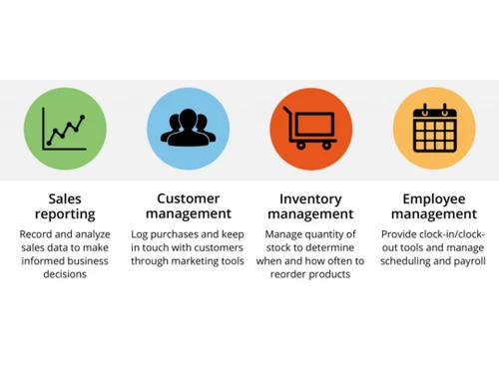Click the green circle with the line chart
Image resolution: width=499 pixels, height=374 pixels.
65,130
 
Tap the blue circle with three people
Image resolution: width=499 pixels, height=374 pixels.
188,130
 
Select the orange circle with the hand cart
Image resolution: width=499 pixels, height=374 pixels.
310,130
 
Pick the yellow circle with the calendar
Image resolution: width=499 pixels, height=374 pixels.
434,130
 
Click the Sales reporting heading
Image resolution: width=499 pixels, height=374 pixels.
65,206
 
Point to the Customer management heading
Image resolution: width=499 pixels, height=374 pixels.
188,206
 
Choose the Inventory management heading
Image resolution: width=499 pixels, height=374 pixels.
310,206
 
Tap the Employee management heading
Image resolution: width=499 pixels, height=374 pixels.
434,206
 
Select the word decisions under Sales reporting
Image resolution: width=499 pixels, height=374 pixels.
65,273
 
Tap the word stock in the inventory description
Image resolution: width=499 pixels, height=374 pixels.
279,248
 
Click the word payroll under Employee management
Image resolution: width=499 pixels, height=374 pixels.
469,260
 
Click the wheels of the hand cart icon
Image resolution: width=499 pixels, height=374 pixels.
312,146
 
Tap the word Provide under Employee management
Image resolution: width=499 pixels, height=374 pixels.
402,235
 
